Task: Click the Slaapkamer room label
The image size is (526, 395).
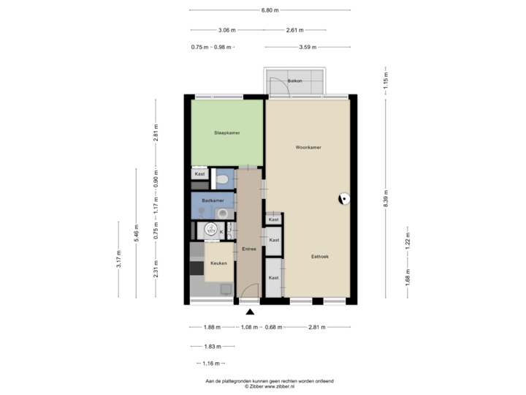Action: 227,132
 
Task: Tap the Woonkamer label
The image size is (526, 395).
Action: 308,147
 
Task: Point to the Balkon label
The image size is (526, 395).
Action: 295,80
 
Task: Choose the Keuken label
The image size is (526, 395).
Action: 218,263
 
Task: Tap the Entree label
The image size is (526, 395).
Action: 249,249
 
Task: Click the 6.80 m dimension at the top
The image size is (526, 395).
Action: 270,10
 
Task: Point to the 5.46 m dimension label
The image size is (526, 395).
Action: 136,233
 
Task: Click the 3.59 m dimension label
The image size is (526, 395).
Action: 307,47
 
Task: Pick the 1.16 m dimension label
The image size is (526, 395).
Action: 211,363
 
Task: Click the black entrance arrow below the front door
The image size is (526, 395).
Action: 249,311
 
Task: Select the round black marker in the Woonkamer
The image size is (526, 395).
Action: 343,197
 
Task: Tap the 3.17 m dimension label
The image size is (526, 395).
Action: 119,259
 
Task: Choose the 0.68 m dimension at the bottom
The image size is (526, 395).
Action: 272,327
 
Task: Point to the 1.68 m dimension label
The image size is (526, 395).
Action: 408,276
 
